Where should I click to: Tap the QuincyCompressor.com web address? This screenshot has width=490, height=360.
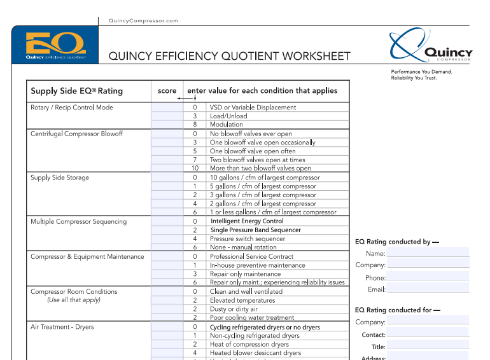tap(143, 21)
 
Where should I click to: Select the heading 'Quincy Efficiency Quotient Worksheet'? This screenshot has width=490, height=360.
tap(229, 56)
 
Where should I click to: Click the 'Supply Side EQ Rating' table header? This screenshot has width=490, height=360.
tap(77, 91)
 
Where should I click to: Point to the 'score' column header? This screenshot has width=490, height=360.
tap(167, 91)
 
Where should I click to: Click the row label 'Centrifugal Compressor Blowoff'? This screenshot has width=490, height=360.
tap(77, 134)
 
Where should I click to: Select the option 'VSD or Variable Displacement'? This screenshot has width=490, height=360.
tap(253, 107)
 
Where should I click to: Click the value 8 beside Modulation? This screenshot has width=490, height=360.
tap(195, 125)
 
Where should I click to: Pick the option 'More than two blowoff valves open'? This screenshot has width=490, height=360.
tap(260, 169)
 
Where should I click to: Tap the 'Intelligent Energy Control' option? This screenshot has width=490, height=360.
tap(247, 221)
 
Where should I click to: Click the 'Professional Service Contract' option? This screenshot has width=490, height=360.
tap(252, 256)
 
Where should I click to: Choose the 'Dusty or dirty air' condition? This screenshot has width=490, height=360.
tap(234, 309)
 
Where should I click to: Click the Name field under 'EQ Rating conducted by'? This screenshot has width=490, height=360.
tap(428, 253)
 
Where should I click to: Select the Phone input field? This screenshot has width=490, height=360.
tap(428, 277)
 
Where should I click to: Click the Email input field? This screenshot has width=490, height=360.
tap(428, 289)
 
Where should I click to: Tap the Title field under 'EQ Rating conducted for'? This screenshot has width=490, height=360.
tap(428, 347)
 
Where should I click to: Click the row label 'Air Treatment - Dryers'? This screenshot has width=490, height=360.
tap(62, 327)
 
